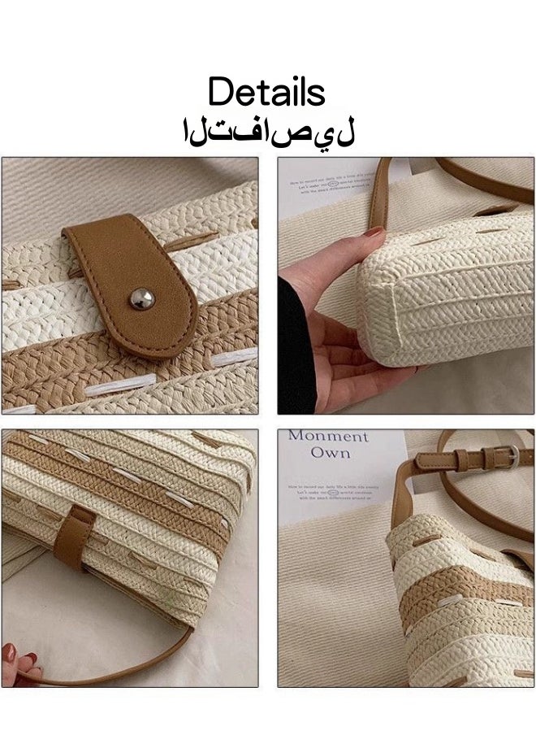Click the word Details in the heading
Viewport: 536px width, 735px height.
(x=267, y=92)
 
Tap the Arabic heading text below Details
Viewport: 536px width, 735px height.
(x=269, y=131)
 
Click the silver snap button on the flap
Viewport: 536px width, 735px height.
(x=141, y=299)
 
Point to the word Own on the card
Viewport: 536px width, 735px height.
(x=330, y=453)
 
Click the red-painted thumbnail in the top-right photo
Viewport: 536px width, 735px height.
(x=372, y=233)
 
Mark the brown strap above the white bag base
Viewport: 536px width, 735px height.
(x=378, y=195)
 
